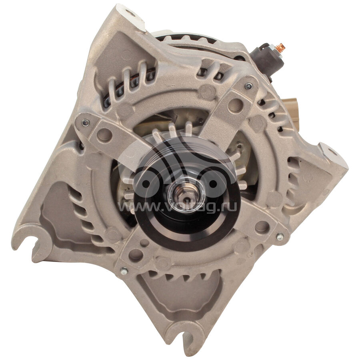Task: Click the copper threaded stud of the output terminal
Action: tap(280, 47)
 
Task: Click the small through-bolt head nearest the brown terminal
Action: tap(248, 86)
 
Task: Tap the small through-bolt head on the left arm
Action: tap(86, 123)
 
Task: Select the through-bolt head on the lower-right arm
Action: tap(280, 237)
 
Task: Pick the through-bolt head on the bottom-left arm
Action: tap(124, 272)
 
